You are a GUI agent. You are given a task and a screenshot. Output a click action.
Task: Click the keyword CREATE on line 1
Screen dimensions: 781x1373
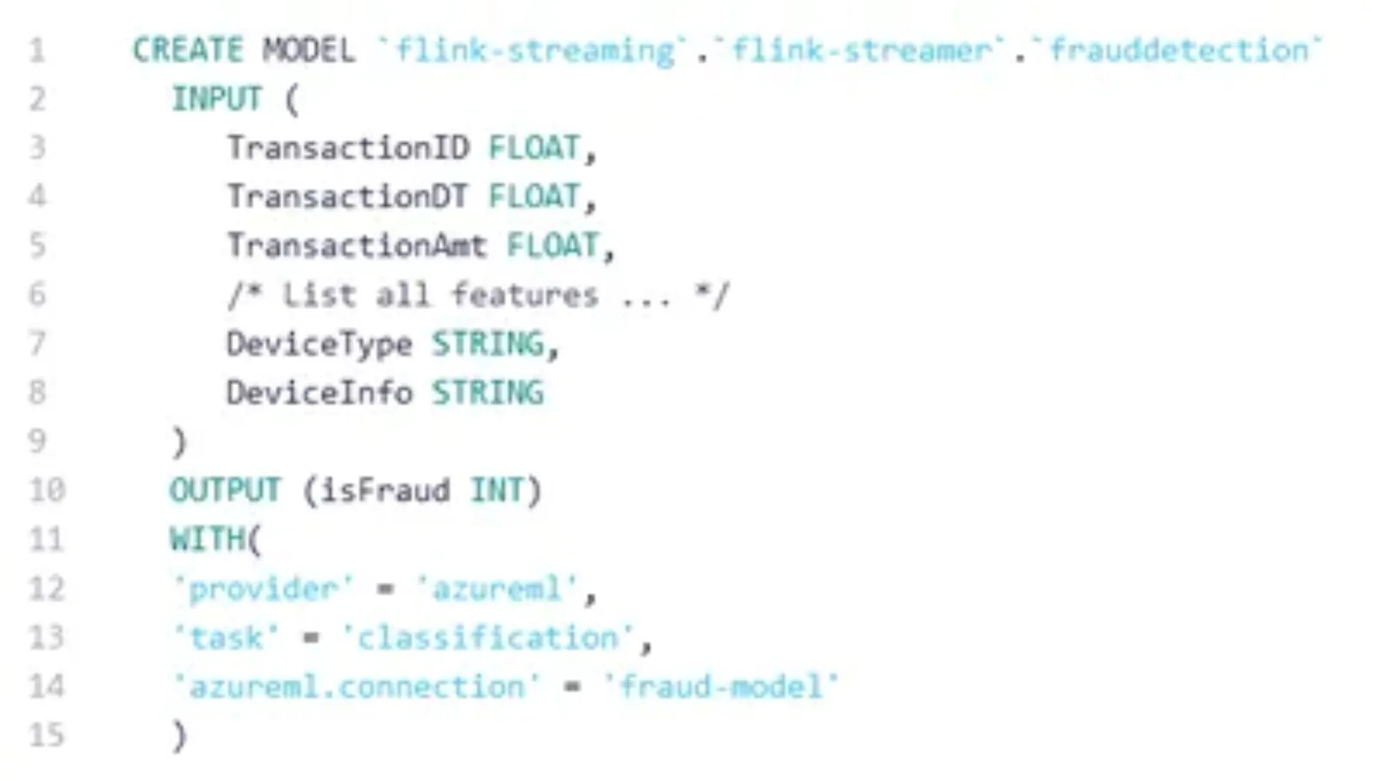(x=188, y=51)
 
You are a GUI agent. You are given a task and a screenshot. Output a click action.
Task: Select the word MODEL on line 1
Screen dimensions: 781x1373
(x=308, y=51)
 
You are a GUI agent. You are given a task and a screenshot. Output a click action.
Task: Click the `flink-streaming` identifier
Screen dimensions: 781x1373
(x=533, y=51)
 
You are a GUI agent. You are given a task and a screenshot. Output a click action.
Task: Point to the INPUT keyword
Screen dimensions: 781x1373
(x=217, y=99)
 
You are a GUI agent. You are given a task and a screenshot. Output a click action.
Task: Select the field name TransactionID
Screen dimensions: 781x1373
(x=348, y=149)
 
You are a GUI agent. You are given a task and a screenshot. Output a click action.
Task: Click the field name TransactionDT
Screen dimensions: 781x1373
(x=348, y=197)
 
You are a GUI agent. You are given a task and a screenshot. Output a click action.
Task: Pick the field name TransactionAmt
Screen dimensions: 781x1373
(x=357, y=246)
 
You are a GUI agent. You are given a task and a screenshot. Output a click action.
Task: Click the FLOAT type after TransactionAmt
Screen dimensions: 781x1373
(x=552, y=246)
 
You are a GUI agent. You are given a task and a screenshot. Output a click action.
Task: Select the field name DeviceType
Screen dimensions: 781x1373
(x=320, y=345)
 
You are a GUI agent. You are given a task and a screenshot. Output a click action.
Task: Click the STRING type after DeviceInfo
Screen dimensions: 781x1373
(x=487, y=393)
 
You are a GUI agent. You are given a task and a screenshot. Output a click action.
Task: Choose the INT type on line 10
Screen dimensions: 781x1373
(x=497, y=491)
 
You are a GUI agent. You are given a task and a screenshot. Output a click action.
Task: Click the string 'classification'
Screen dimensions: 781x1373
(x=488, y=638)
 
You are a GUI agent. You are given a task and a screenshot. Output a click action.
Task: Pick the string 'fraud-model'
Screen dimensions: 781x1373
(x=721, y=687)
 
